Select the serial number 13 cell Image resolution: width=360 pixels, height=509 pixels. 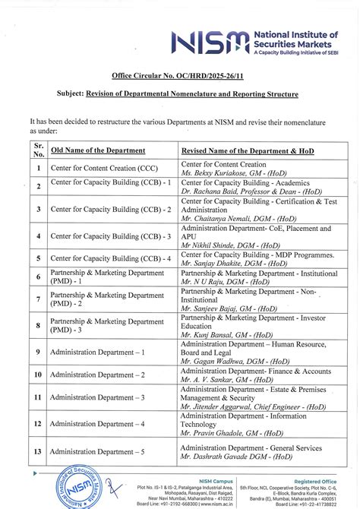pos(38,451)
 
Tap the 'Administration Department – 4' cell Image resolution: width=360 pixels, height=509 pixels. pos(97,424)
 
